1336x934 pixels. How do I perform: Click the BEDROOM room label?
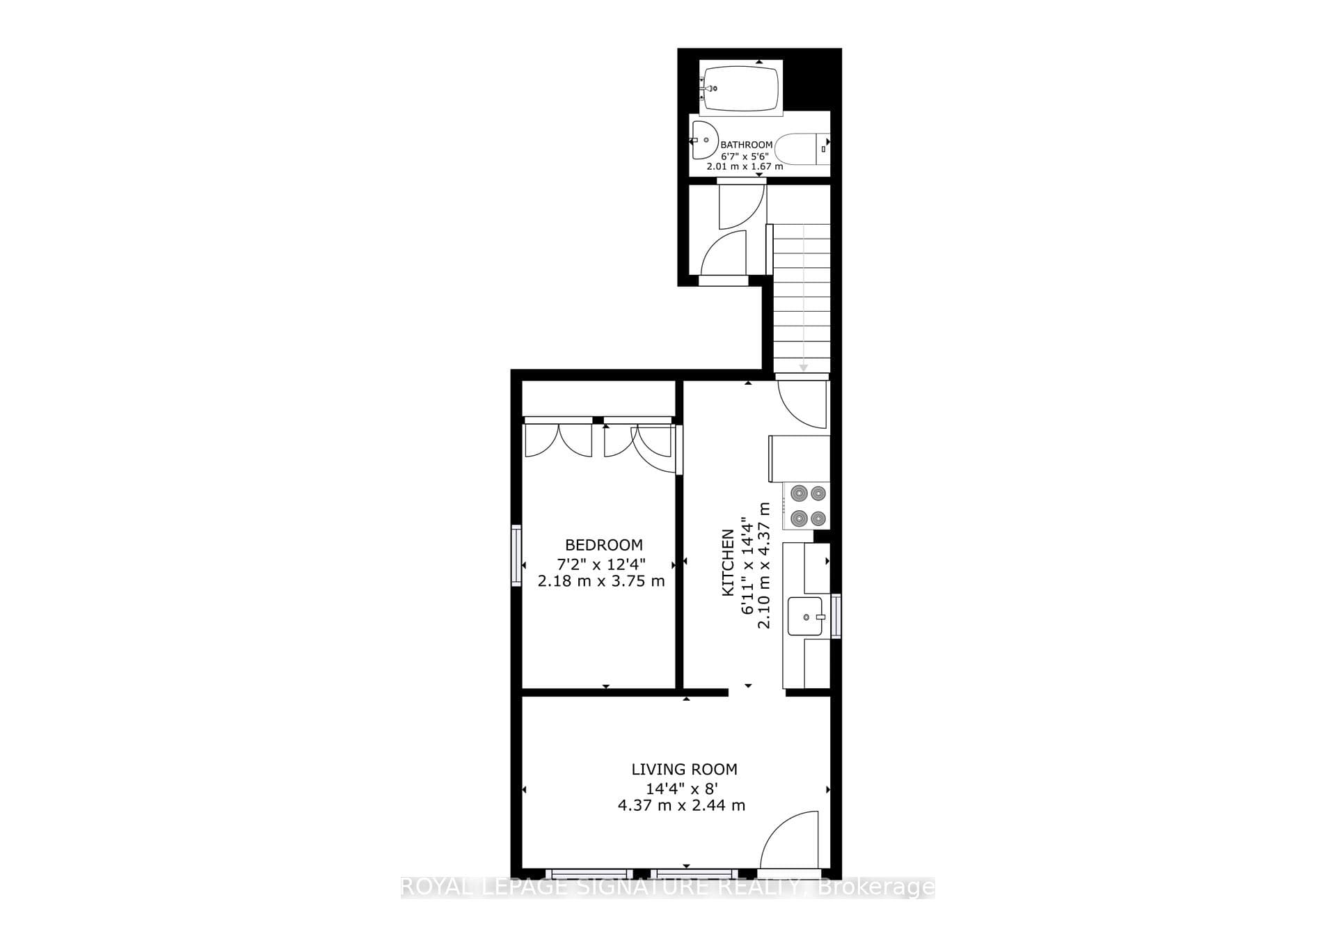603,545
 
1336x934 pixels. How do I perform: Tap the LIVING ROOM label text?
684,769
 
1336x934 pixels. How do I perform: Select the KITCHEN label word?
728,562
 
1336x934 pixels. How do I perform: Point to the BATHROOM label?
746,145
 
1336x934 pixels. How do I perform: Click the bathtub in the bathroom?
740,88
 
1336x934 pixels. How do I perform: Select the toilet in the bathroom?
802,148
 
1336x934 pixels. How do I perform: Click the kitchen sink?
806,616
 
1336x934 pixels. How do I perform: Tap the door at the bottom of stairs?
802,404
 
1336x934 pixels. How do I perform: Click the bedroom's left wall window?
516,555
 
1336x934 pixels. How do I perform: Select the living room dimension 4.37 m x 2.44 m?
681,805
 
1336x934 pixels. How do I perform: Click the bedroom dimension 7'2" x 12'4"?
601,563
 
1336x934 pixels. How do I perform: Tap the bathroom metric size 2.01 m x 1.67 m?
745,166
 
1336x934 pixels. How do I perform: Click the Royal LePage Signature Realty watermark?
668,887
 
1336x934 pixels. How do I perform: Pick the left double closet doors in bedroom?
559,439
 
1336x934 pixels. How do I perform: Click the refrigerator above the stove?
799,459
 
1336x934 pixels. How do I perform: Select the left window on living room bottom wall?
589,873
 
